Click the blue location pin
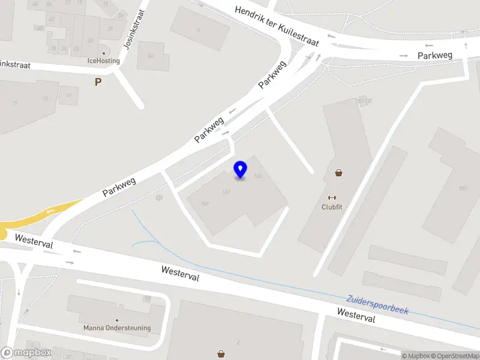[x=241, y=170]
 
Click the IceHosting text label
[x=104, y=61]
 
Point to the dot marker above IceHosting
[x=104, y=53]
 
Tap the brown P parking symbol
[x=98, y=82]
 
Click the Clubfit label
[x=331, y=208]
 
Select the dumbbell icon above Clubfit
[x=331, y=197]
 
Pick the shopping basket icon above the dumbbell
[x=339, y=173]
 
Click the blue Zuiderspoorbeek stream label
[x=377, y=304]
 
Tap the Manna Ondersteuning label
[x=117, y=328]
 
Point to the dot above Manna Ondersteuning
[x=117, y=320]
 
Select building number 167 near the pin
[x=226, y=192]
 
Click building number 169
[x=205, y=203]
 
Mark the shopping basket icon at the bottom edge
[x=221, y=354]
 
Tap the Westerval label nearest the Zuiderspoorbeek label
[x=356, y=316]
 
